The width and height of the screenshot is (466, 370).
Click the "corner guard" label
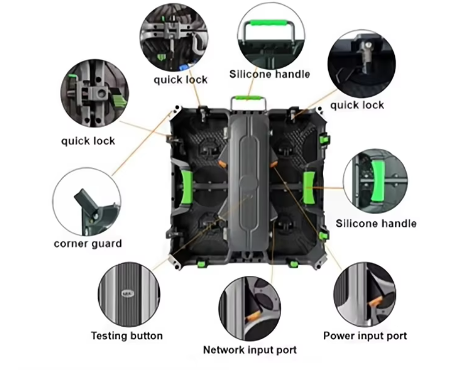click(88, 243)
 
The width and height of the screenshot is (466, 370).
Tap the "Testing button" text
click(127, 336)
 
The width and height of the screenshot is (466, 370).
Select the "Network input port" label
click(250, 350)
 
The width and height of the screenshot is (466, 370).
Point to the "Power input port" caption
click(365, 336)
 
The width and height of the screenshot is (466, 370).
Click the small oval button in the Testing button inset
click(128, 294)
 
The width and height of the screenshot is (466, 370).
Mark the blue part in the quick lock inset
click(185, 66)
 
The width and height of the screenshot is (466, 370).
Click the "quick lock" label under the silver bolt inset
click(357, 106)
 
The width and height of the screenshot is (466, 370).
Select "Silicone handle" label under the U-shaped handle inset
click(270, 74)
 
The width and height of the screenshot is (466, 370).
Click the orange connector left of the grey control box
click(222, 163)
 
